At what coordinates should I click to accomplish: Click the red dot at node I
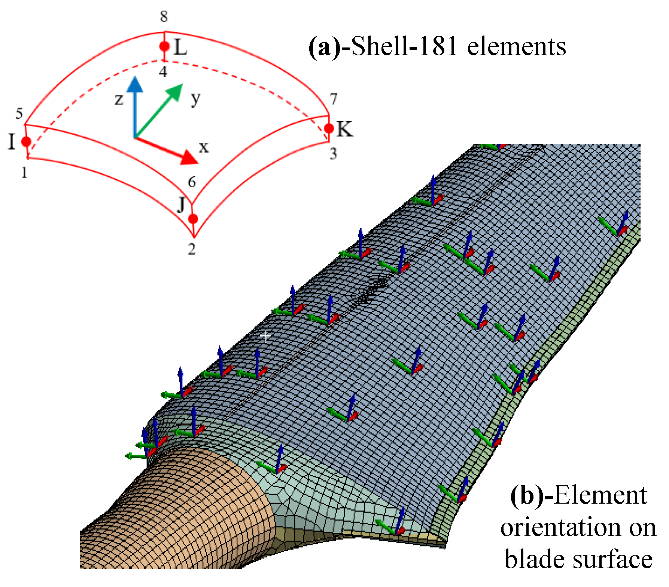[26, 142]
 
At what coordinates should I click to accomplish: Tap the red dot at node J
[193, 219]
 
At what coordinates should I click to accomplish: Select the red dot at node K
[329, 129]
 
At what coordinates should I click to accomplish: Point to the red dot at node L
[164, 46]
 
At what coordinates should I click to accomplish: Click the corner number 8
[164, 17]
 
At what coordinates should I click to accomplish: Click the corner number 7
[334, 99]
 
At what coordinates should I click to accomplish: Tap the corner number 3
[333, 154]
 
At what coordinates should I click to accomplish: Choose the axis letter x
[204, 147]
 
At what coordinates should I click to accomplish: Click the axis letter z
[119, 99]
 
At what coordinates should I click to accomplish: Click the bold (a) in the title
[324, 47]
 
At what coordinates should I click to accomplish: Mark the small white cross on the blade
[265, 336]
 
